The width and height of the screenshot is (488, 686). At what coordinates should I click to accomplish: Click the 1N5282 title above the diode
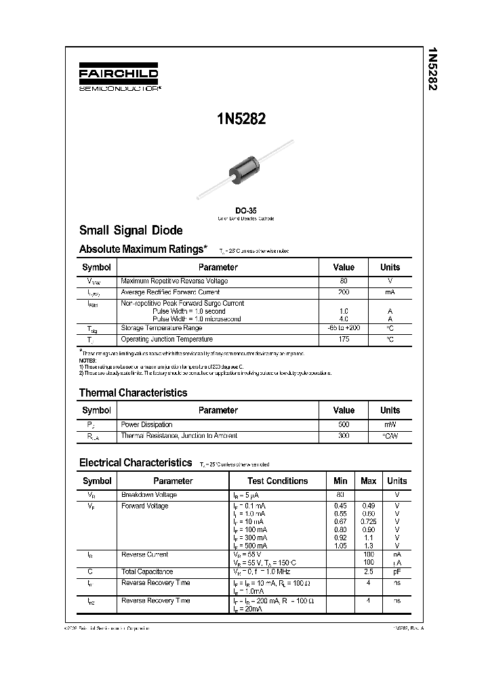pos(241,119)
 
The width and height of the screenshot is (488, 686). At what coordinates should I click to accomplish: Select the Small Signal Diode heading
pos(131,230)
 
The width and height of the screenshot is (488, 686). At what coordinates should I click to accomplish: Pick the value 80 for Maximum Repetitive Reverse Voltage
pos(344,281)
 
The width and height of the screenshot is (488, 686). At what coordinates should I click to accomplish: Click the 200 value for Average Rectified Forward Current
pos(344,292)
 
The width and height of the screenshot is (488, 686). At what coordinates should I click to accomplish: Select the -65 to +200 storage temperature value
pos(344,328)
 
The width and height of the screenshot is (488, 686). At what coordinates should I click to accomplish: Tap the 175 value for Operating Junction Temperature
pos(344,339)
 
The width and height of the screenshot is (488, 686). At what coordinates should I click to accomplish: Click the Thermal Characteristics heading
pos(133,392)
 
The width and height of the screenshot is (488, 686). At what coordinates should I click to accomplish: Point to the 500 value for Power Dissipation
pos(344,424)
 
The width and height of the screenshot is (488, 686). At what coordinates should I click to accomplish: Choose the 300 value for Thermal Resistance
pos(344,436)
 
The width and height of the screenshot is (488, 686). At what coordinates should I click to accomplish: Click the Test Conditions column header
pos(278,481)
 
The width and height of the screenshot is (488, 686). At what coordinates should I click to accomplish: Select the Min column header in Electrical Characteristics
pos(340,481)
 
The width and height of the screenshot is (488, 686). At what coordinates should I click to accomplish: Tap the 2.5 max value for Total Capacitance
pos(369,572)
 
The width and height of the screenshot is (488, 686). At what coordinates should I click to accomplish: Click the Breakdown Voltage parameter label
pos(148,495)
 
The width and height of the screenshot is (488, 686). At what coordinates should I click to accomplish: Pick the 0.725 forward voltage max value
pos(369,521)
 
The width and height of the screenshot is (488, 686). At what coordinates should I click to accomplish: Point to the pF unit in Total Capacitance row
pos(397,572)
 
